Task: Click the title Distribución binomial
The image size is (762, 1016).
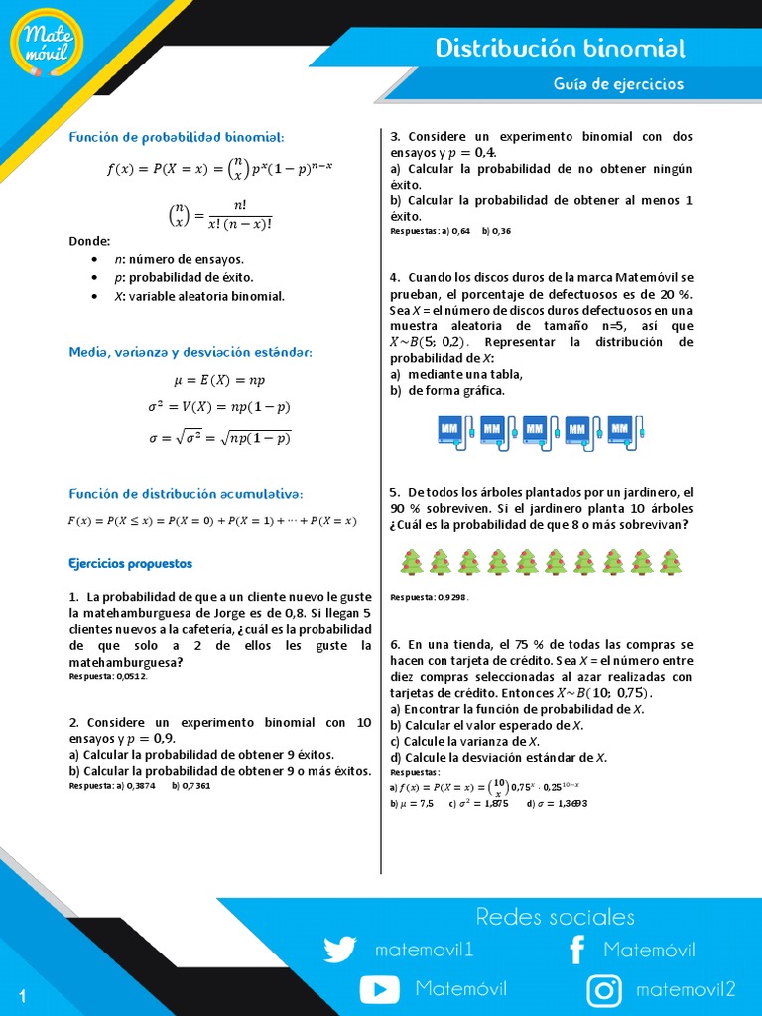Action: pyautogui.click(x=561, y=49)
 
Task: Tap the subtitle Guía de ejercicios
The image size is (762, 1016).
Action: pyautogui.click(x=618, y=84)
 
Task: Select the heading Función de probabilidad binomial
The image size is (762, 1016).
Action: pyautogui.click(x=177, y=136)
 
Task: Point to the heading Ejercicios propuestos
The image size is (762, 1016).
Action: pyautogui.click(x=131, y=563)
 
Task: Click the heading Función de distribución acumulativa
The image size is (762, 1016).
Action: pyautogui.click(x=186, y=494)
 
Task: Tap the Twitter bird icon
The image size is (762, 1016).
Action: pyautogui.click(x=339, y=950)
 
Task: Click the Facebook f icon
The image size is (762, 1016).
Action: pyautogui.click(x=576, y=950)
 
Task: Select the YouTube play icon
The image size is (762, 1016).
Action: pyautogui.click(x=379, y=989)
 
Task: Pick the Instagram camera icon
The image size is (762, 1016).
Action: pyautogui.click(x=604, y=989)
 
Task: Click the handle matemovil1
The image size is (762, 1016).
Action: pyautogui.click(x=425, y=950)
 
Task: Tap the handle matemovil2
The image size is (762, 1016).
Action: pyautogui.click(x=686, y=989)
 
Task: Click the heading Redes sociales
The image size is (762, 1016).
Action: pyautogui.click(x=555, y=916)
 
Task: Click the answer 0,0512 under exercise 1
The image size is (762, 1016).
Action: pyautogui.click(x=129, y=676)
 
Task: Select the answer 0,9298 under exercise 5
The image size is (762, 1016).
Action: pyautogui.click(x=448, y=597)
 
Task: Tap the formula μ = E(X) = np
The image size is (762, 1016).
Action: pyautogui.click(x=219, y=380)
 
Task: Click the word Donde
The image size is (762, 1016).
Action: pyautogui.click(x=89, y=241)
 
